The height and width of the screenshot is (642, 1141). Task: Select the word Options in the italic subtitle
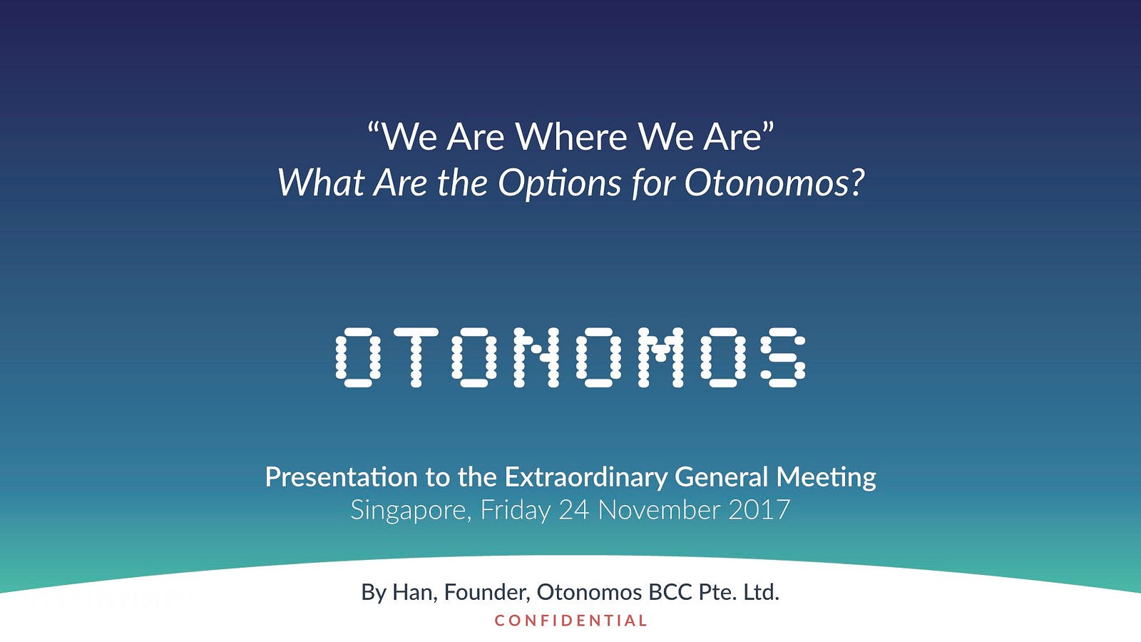(x=559, y=183)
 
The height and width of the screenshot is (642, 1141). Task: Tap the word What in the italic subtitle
(x=321, y=183)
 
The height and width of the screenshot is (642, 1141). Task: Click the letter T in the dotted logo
(x=416, y=357)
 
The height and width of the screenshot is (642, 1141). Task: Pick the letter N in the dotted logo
(x=536, y=357)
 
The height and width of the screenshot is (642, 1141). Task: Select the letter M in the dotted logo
(x=660, y=357)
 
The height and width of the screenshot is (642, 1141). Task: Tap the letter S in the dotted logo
(x=783, y=357)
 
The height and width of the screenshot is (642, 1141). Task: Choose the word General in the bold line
(x=721, y=477)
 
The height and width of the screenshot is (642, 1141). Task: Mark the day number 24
(x=574, y=510)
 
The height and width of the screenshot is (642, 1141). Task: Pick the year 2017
(x=759, y=510)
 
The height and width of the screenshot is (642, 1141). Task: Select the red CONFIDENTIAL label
(x=570, y=621)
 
